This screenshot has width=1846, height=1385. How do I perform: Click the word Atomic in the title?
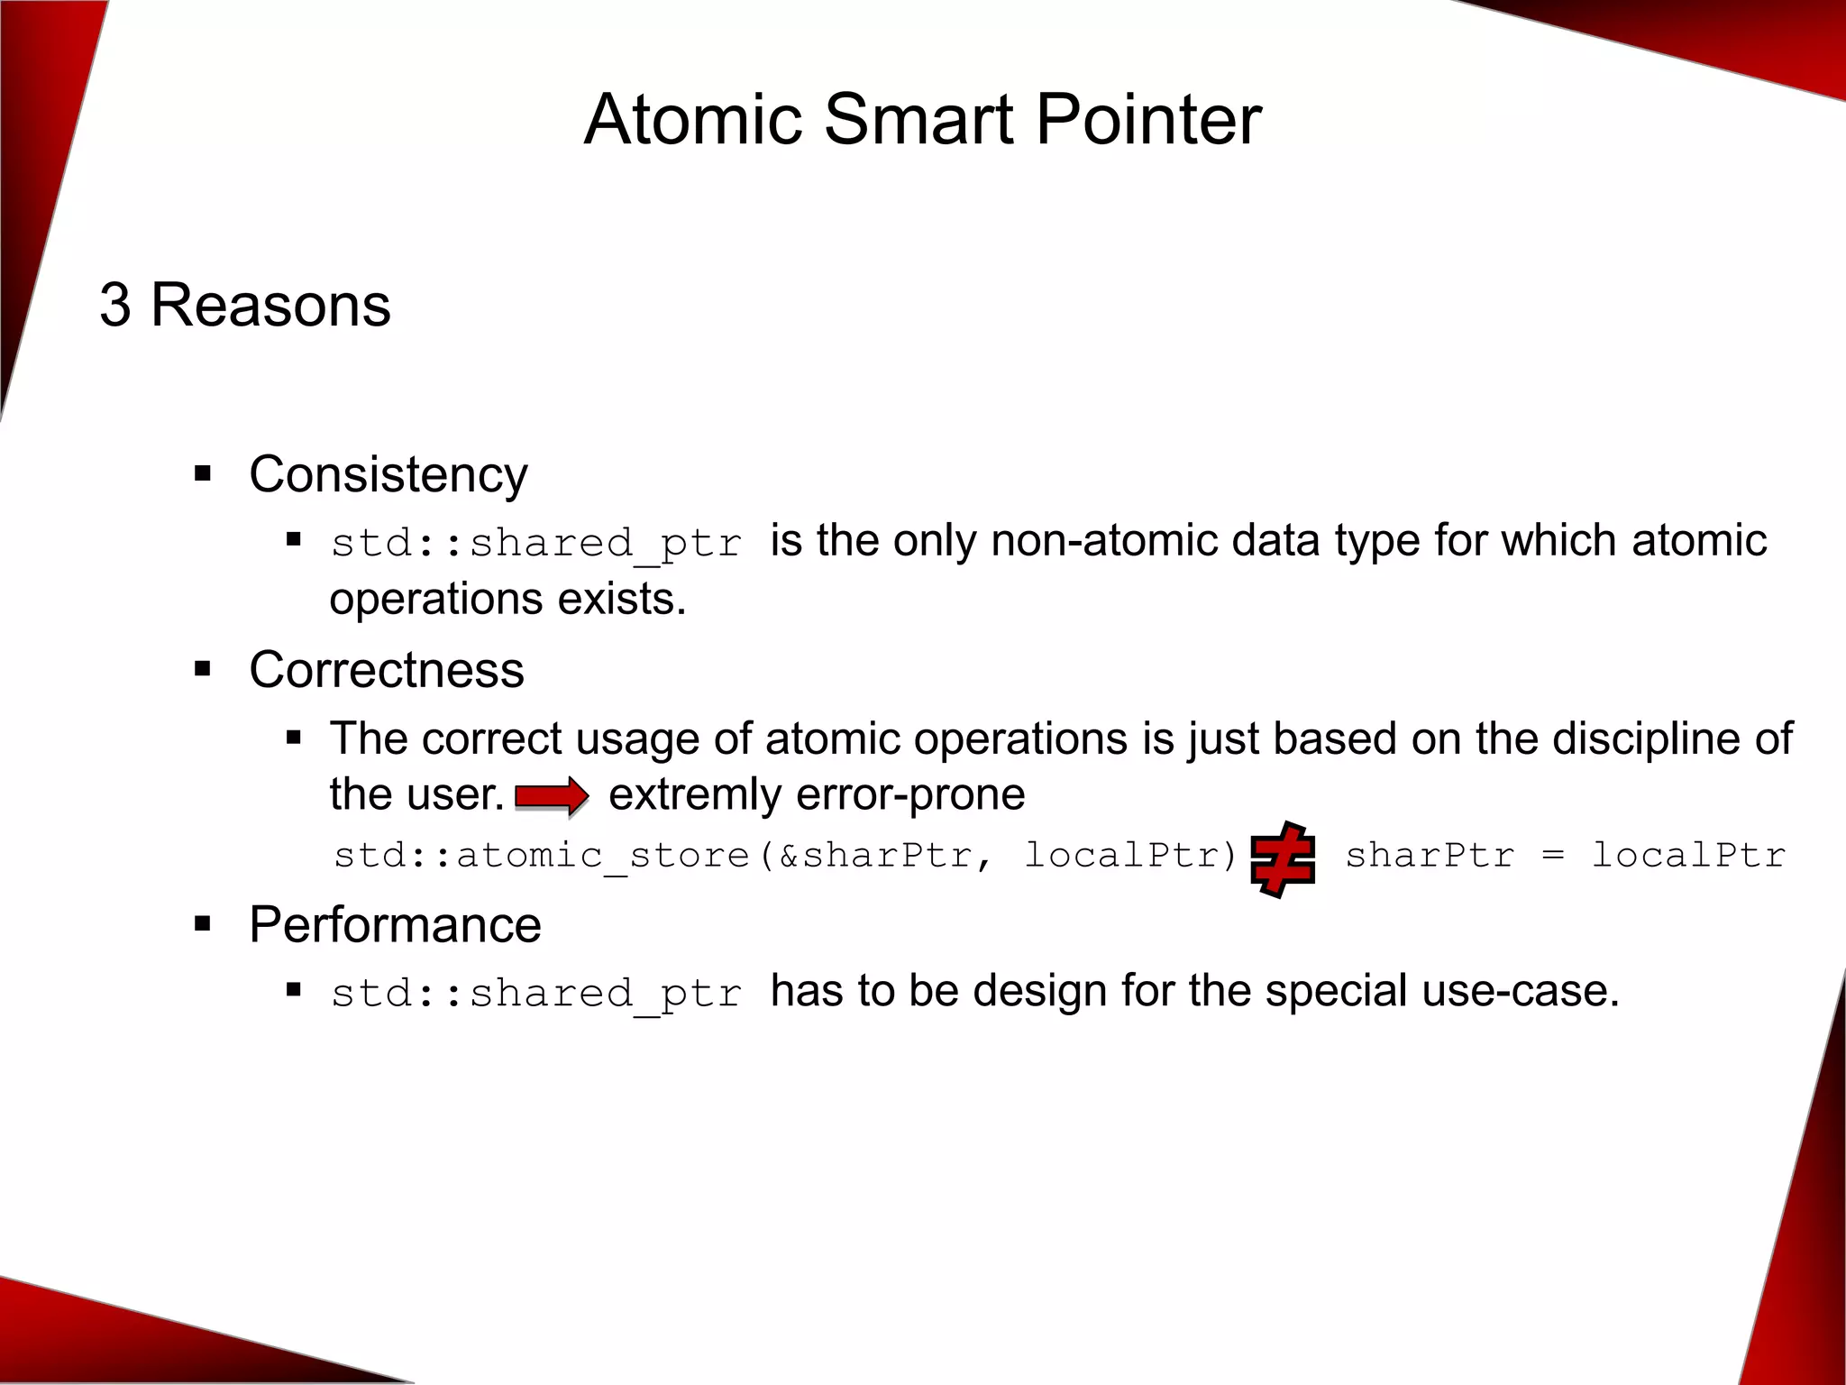pyautogui.click(x=692, y=120)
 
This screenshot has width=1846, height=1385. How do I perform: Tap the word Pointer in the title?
pyautogui.click(x=1148, y=120)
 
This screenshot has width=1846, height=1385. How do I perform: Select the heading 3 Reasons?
pyautogui.click(x=245, y=305)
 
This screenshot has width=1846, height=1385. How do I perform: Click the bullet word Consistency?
pyautogui.click(x=388, y=474)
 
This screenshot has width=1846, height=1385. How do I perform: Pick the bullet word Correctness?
pyautogui.click(x=387, y=670)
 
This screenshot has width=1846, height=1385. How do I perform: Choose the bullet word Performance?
pyautogui.click(x=395, y=925)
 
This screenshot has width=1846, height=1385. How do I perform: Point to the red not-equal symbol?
pyautogui.click(x=1283, y=858)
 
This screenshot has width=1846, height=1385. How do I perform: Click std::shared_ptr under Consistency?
pyautogui.click(x=536, y=543)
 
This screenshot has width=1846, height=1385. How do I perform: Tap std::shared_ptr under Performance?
pyautogui.click(x=536, y=993)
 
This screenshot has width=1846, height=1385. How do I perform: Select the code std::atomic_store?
pyautogui.click(x=542, y=856)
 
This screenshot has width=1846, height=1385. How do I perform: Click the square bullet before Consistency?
pyautogui.click(x=203, y=473)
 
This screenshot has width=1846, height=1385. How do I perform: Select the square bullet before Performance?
pyautogui.click(x=203, y=924)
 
